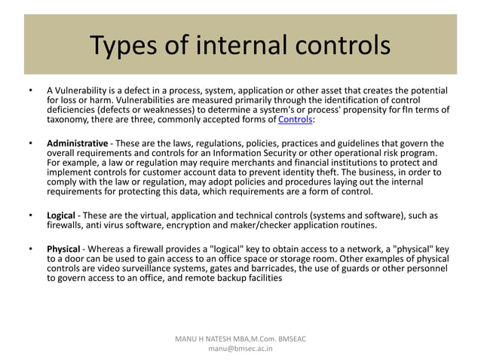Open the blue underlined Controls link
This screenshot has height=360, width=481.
(x=295, y=120)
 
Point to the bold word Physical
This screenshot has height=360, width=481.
(x=64, y=249)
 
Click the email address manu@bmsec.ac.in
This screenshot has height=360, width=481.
(x=240, y=350)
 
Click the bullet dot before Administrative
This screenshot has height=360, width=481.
(x=30, y=143)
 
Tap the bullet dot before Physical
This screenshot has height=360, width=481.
(x=30, y=249)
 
